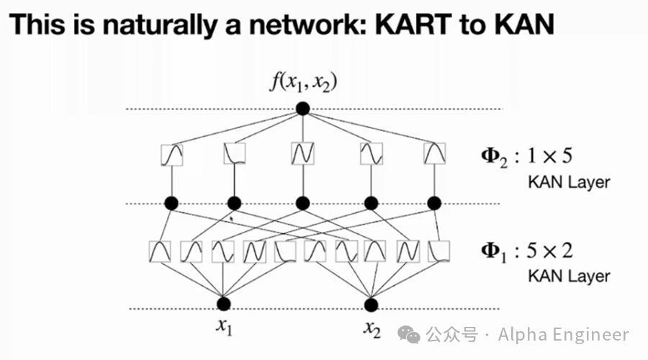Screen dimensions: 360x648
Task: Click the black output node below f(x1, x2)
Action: (303, 109)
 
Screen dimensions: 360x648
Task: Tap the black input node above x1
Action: (224, 304)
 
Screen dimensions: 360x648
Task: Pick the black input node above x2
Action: (372, 304)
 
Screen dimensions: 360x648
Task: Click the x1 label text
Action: (224, 328)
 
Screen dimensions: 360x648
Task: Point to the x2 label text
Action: (372, 329)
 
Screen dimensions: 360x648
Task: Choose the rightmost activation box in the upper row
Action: (434, 153)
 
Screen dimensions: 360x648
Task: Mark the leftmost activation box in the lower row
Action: (160, 251)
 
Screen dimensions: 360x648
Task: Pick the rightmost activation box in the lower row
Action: (439, 251)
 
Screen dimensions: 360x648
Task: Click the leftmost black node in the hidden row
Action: (171, 204)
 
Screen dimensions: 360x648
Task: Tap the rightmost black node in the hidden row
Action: (434, 204)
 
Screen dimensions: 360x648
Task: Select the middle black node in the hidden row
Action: (303, 204)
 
